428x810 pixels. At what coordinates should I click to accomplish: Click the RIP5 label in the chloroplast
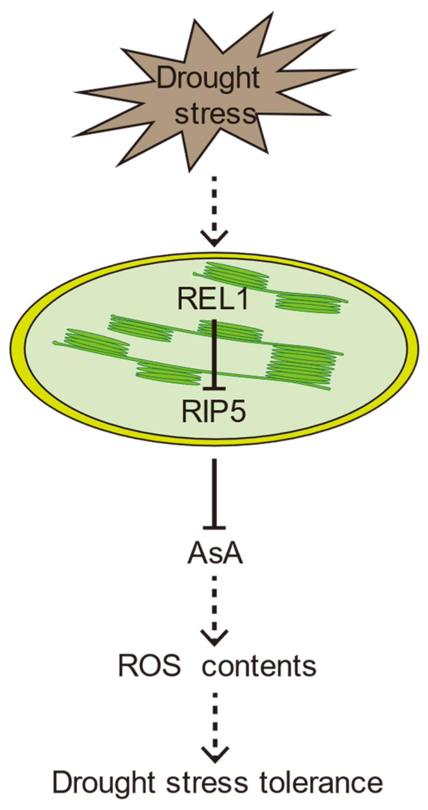click(214, 410)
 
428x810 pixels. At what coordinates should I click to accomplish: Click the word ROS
click(149, 665)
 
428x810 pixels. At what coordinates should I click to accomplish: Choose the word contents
click(259, 665)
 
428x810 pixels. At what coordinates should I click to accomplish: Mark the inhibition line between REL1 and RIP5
click(214, 351)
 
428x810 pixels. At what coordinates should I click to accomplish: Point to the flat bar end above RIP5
click(214, 388)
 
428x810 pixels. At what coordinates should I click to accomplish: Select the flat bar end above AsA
click(214, 528)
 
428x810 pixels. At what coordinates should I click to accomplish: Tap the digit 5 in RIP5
click(237, 410)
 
